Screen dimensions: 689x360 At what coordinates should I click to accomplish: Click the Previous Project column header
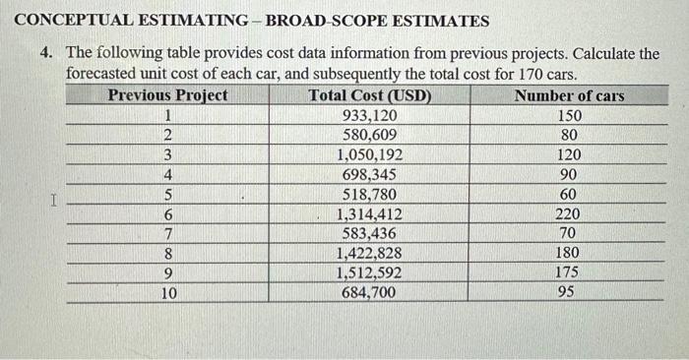coord(167,95)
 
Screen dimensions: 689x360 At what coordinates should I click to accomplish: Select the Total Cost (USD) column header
coord(369,95)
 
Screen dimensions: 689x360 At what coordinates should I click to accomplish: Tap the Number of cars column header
coord(569,95)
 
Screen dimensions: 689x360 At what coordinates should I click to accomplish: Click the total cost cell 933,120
coord(369,115)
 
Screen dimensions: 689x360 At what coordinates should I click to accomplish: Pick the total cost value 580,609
coord(369,135)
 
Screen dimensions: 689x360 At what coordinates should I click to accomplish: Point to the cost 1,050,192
coord(369,154)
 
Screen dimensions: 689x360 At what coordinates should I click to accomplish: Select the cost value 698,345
coord(369,174)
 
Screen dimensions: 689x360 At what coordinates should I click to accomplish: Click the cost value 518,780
coord(369,194)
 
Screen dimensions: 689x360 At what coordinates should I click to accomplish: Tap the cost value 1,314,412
coord(369,213)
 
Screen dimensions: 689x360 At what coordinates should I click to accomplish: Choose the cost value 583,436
coord(369,233)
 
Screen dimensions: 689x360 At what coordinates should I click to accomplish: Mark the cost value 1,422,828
coord(369,253)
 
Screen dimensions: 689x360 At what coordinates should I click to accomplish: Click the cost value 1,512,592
coord(369,272)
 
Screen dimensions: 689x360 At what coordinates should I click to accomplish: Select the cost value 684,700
coord(369,292)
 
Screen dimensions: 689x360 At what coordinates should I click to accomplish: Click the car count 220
coord(568,213)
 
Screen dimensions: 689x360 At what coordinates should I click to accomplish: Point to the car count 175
coord(568,272)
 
